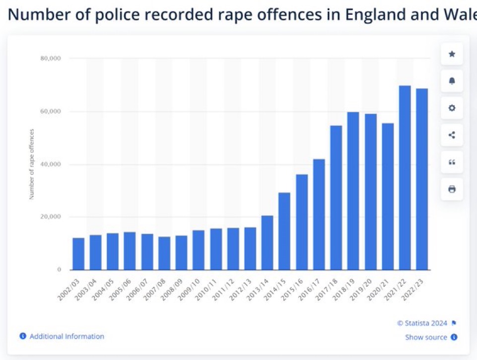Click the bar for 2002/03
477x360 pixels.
(x=78, y=254)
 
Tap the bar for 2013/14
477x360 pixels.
(x=267, y=243)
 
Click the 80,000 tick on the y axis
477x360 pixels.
(x=50, y=59)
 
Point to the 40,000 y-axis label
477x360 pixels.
(x=50, y=164)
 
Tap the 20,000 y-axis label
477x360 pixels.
(x=50, y=217)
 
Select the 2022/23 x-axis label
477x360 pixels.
(x=416, y=288)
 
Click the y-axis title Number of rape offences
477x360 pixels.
(x=32, y=164)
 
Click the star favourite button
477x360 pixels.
(x=452, y=54)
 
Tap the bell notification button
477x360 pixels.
(x=452, y=81)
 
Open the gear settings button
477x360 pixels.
(x=452, y=108)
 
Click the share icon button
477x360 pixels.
(x=452, y=135)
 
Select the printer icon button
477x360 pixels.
(x=452, y=189)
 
